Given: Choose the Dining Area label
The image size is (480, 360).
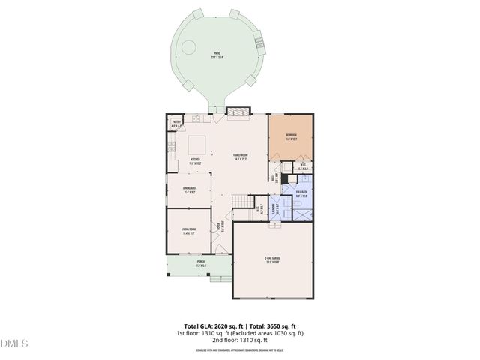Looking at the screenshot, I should click(190, 190).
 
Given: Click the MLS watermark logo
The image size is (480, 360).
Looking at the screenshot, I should click(14, 343).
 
